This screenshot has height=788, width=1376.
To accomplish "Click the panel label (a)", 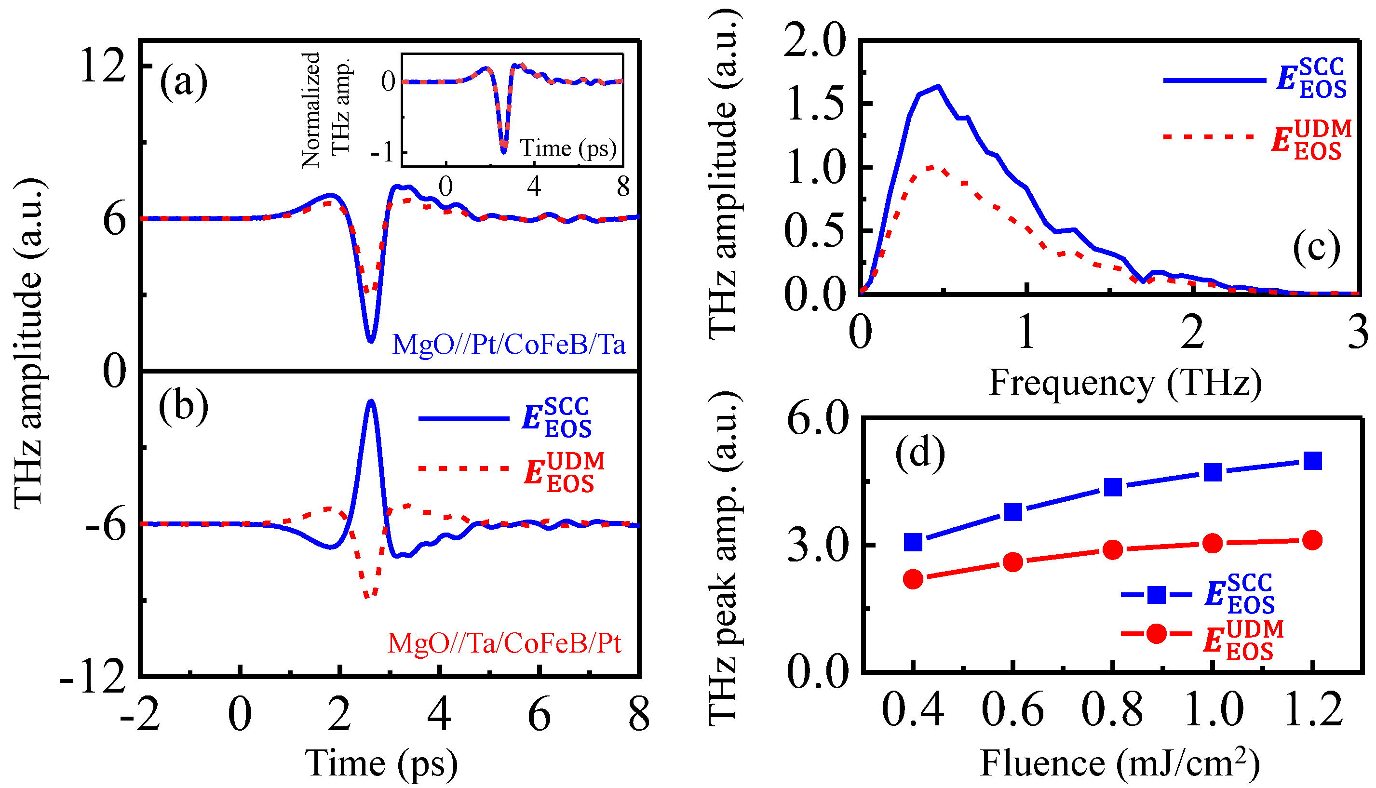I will (184, 82).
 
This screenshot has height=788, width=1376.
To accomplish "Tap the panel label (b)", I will (184, 406).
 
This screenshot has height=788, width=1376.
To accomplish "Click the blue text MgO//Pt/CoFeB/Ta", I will (508, 345).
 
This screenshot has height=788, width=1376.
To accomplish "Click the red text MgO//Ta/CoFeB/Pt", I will (504, 643).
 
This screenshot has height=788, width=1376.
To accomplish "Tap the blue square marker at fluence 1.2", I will (1313, 461).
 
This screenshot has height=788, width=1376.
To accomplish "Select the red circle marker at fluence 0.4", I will (913, 579).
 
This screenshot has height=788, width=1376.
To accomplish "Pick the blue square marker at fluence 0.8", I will (1112, 487).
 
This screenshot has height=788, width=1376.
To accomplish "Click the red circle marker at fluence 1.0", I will (1213, 543).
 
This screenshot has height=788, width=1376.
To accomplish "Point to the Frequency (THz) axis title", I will (1125, 383).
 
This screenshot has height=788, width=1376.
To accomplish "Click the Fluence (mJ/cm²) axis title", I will (1120, 763).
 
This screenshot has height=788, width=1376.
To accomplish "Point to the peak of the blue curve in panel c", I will (938, 86).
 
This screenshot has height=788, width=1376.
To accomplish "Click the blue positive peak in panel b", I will (371, 401).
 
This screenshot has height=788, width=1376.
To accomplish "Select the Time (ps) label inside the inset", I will (568, 148).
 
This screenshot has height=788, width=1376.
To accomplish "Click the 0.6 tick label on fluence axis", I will (1012, 709).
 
